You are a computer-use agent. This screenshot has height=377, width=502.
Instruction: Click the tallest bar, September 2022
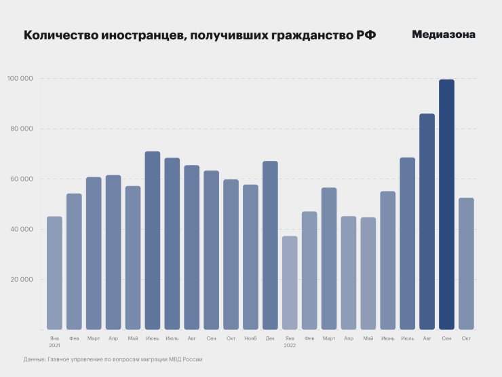[x=446, y=204]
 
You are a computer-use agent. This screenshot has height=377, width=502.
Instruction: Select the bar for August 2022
[x=427, y=221]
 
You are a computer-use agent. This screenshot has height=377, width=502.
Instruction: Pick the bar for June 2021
[x=153, y=240]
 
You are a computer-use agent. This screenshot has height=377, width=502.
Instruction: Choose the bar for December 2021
[x=270, y=245]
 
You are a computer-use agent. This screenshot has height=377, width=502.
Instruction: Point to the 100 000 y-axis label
[x=20, y=79]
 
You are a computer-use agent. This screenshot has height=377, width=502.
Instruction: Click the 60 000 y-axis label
[x=22, y=179]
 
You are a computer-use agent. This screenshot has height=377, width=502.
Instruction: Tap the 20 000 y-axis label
[x=22, y=280]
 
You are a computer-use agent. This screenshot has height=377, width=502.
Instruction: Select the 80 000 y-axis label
[x=22, y=129]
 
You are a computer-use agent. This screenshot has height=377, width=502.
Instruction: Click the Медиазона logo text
[x=444, y=35]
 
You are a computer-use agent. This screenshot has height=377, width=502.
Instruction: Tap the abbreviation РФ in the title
[x=366, y=35]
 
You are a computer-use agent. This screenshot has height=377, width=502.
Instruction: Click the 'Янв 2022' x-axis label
[x=290, y=341]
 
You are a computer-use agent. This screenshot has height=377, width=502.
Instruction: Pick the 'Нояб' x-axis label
[x=250, y=338]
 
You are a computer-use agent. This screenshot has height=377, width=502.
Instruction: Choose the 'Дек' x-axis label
[x=270, y=338]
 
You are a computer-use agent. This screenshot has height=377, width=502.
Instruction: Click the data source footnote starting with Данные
[x=113, y=359]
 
